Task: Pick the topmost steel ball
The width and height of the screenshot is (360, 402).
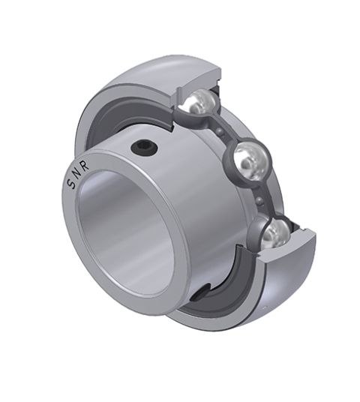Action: click(x=198, y=103)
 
